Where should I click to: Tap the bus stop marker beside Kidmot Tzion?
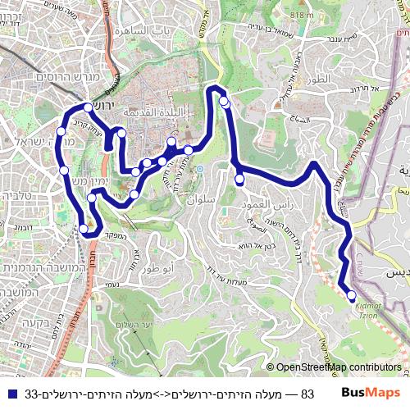pyautogui.click(x=352, y=295)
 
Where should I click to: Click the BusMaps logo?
pyautogui.click(x=372, y=394)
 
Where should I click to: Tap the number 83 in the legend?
pyautogui.click(x=307, y=394)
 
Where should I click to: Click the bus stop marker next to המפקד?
pyautogui.click(x=84, y=229)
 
